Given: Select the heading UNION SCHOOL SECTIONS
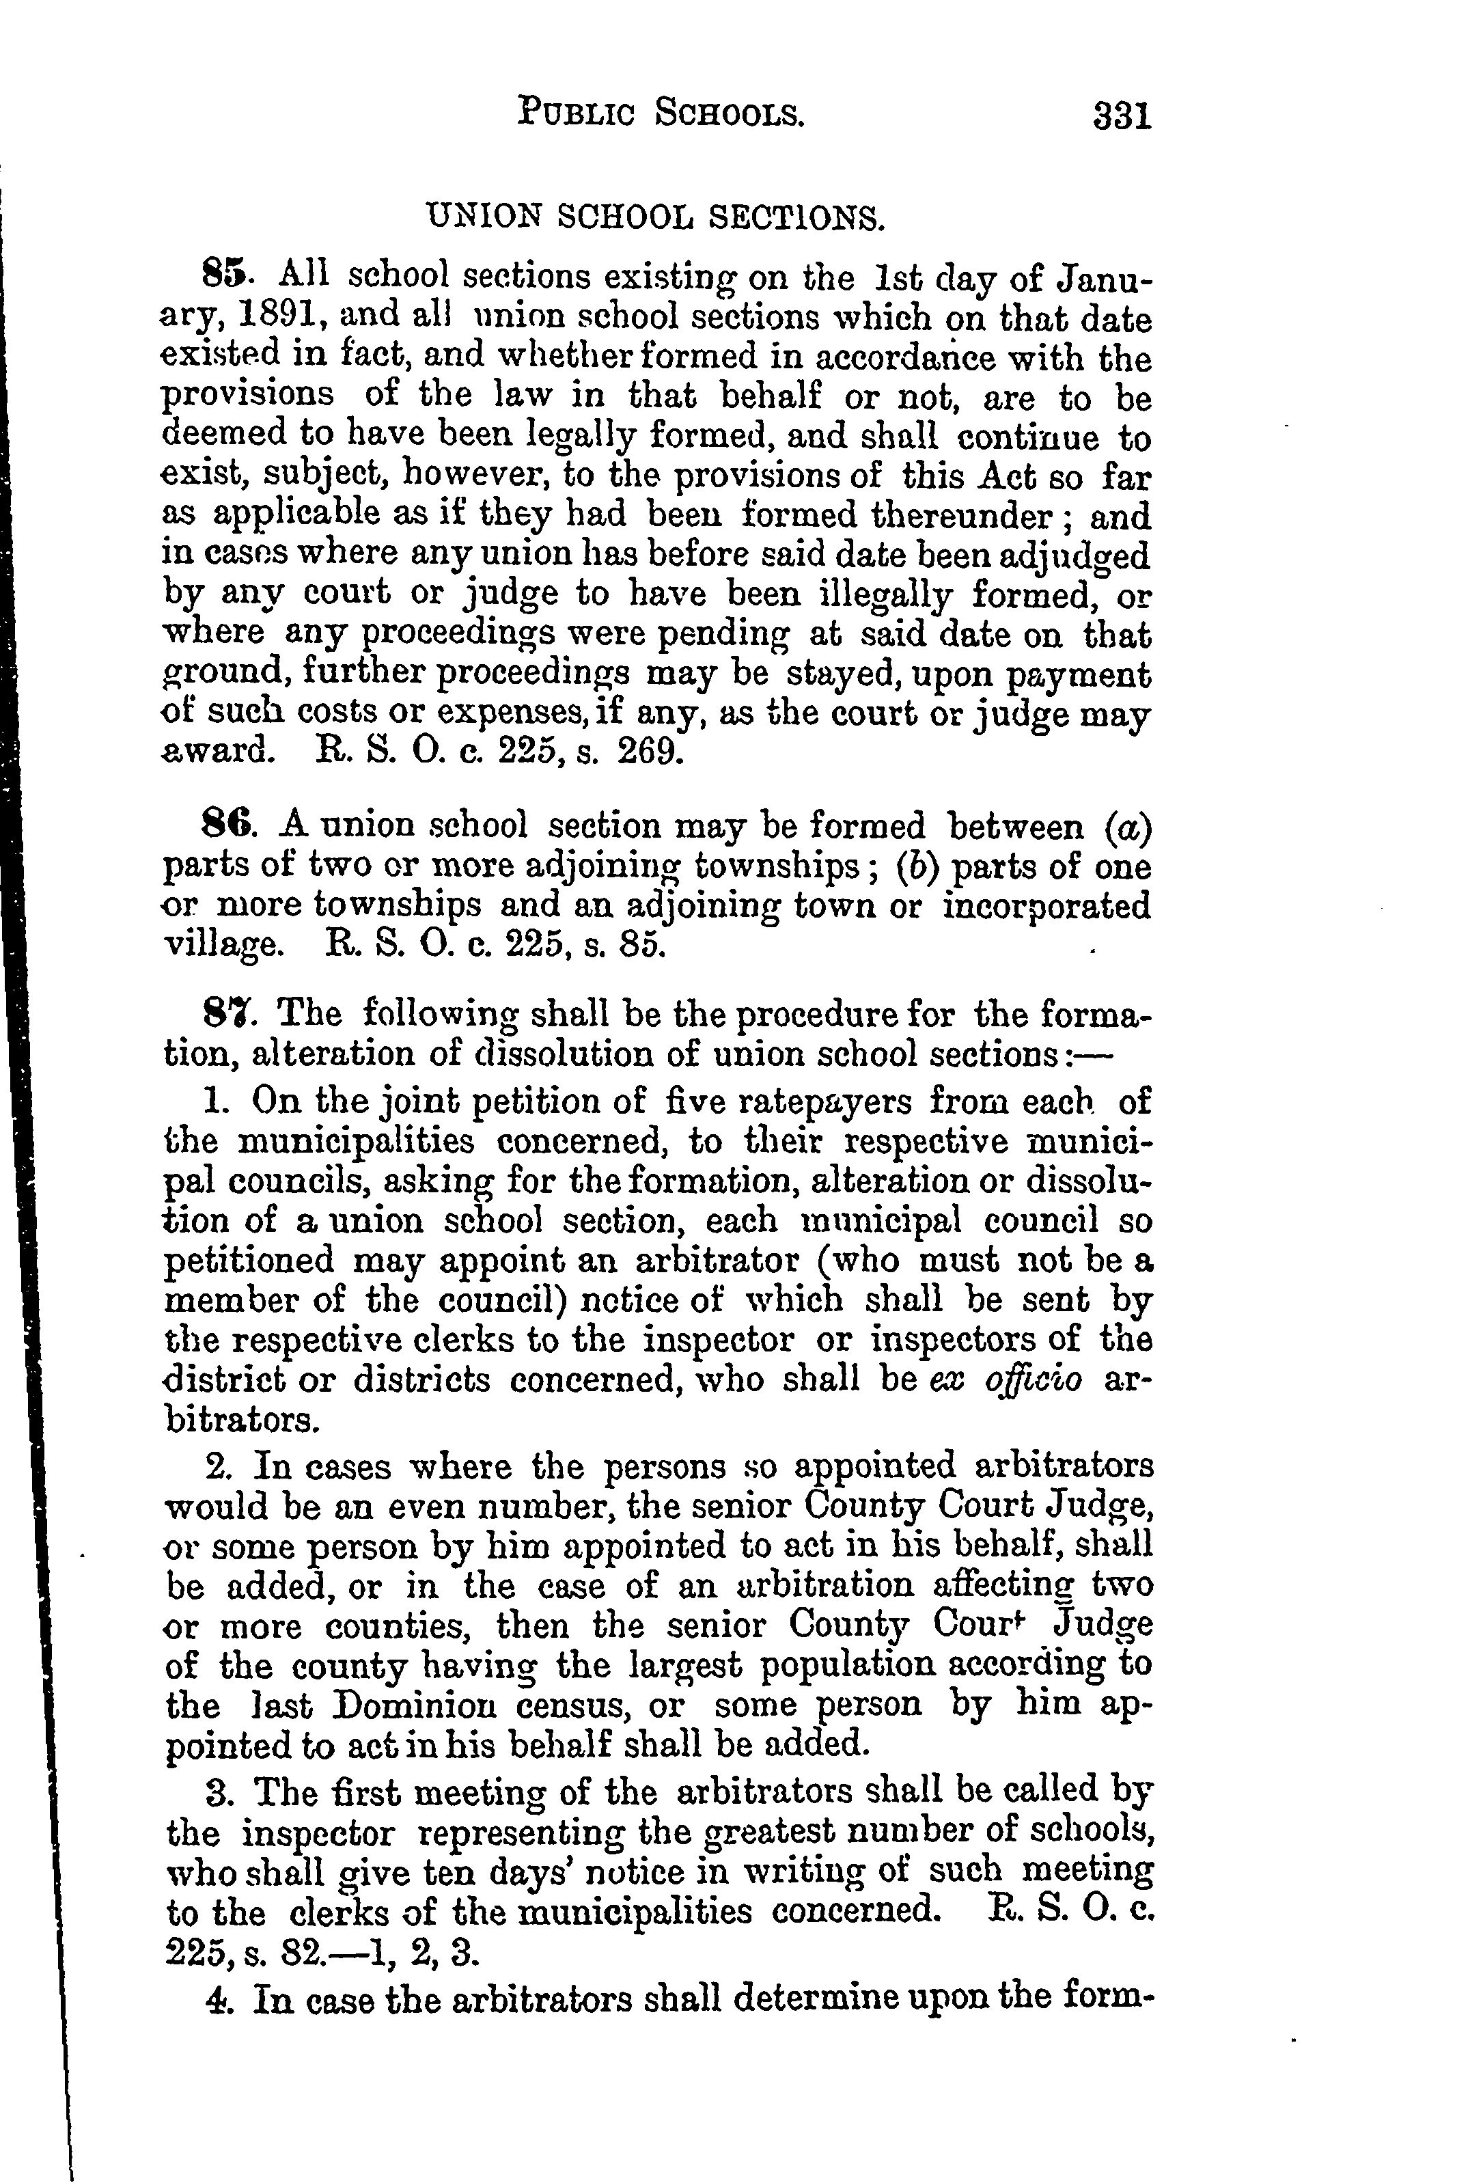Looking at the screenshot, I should [656, 218].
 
